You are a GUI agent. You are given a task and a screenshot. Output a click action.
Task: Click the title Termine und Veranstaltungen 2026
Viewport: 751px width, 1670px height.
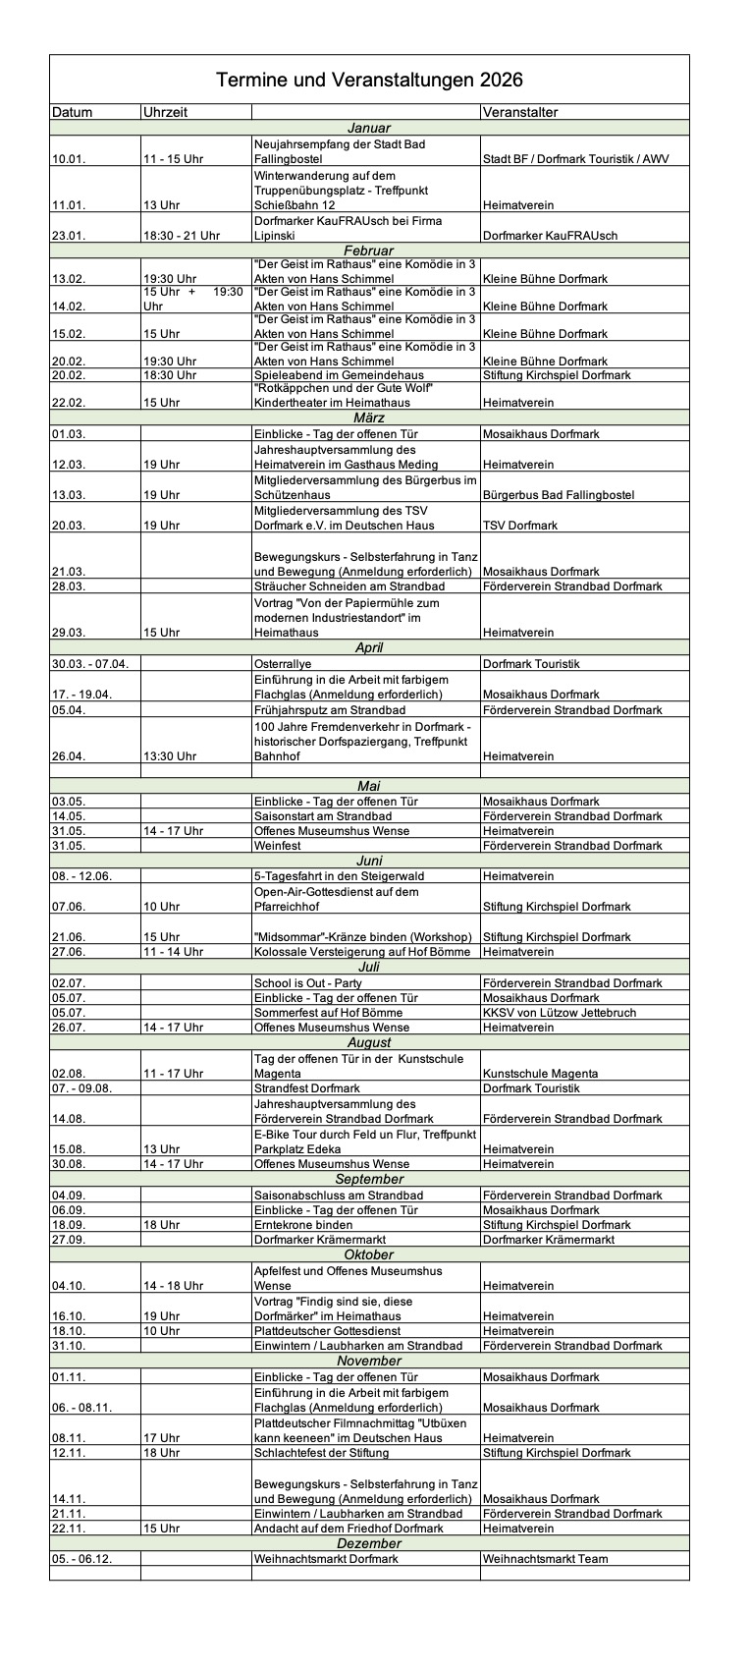[x=369, y=81]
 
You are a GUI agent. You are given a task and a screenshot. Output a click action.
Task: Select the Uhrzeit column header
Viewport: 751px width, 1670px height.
[x=165, y=112]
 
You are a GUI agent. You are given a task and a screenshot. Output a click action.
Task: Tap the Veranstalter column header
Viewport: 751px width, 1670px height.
[x=520, y=112]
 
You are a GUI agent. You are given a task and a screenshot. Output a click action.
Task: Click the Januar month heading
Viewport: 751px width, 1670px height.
[x=369, y=128]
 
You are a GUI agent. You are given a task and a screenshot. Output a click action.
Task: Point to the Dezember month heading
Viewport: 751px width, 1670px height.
[x=369, y=1543]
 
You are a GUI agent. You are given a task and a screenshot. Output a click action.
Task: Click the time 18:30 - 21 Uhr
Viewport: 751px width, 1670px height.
[x=182, y=236]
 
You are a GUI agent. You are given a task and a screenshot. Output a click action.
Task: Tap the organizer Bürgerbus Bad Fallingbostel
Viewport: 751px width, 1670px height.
[x=559, y=494]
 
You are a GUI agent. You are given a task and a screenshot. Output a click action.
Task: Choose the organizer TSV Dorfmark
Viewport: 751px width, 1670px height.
[x=520, y=526]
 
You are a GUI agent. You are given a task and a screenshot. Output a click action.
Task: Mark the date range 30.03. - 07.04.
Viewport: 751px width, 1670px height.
[x=90, y=663]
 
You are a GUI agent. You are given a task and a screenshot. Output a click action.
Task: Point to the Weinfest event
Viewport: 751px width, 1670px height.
[x=277, y=846]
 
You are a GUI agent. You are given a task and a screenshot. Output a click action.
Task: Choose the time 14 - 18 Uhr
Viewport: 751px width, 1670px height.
[x=174, y=1286]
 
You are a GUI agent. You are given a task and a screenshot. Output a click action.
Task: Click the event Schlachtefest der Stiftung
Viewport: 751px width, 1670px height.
[x=321, y=1453]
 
